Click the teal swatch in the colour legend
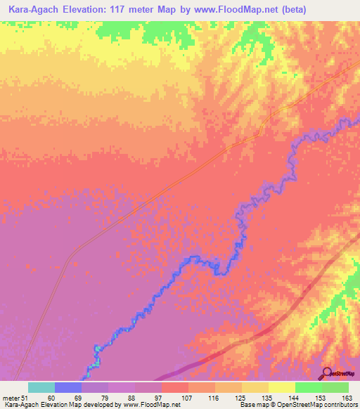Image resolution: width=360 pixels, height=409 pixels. [41, 387]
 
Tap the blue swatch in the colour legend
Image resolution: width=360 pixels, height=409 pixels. [68, 387]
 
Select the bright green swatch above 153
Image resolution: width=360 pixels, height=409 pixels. [309, 387]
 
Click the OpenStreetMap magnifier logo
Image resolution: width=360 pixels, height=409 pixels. [327, 373]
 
